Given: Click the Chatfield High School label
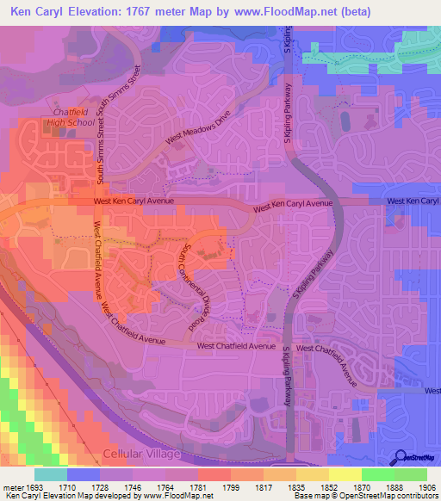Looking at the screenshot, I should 73,117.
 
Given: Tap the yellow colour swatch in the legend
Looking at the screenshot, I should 345,474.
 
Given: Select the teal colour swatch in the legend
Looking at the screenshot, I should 51,474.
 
